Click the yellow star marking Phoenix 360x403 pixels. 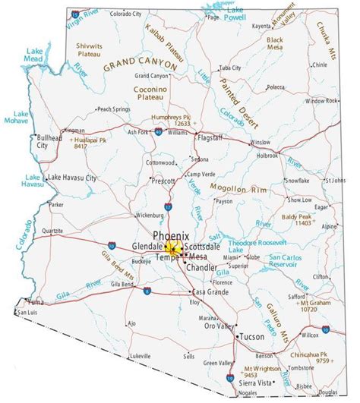coord(171,249)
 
